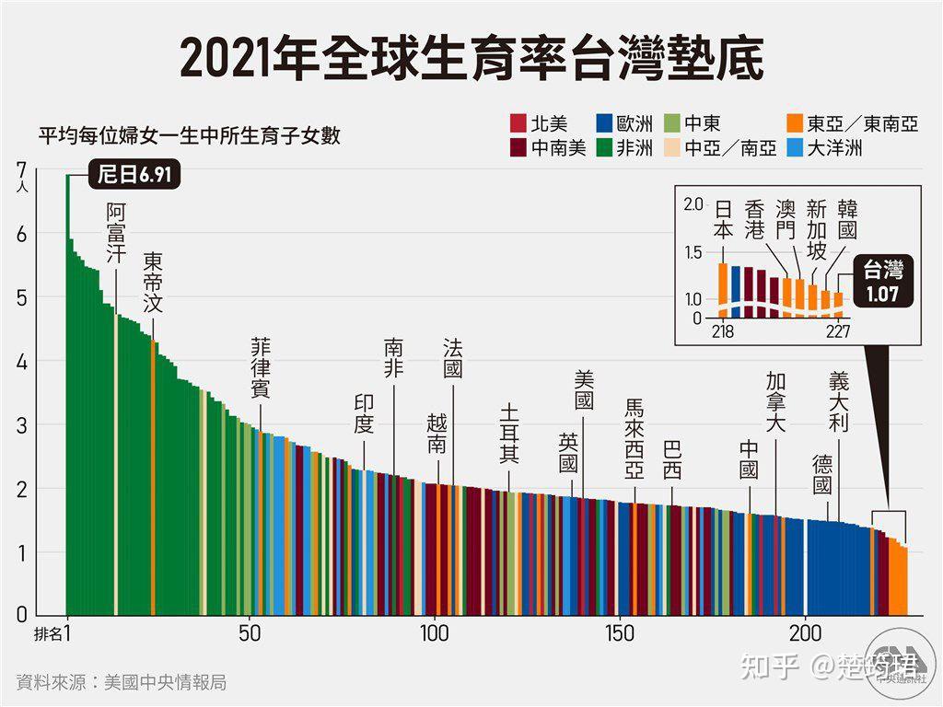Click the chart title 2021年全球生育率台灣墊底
pyautogui.click(x=471, y=57)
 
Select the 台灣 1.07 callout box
pyautogui.click(x=881, y=282)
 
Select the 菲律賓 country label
pyautogui.click(x=261, y=367)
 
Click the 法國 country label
pyautogui.click(x=453, y=358)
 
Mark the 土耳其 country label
pyautogui.click(x=510, y=435)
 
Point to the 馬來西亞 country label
pyautogui.click(x=634, y=439)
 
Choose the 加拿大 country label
pyautogui.click(x=775, y=401)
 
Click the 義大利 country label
pyautogui.click(x=838, y=401)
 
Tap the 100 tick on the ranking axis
pyautogui.click(x=435, y=633)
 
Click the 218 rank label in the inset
pyautogui.click(x=723, y=331)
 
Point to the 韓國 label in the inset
pyautogui.click(x=846, y=222)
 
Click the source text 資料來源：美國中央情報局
pyautogui.click(x=122, y=682)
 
